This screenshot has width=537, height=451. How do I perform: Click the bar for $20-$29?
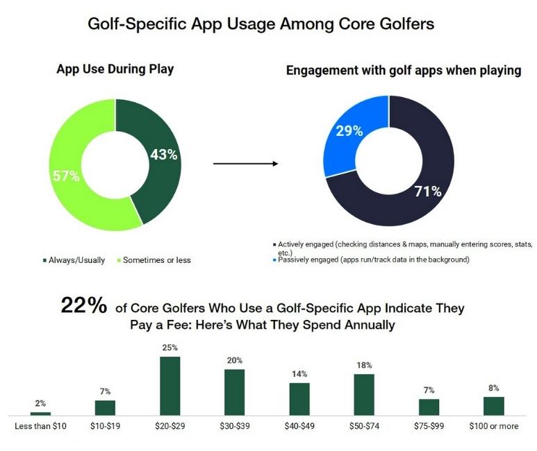click(x=170, y=385)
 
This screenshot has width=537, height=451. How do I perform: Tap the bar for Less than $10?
click(x=40, y=413)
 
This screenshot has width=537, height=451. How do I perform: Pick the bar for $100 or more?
click(x=493, y=405)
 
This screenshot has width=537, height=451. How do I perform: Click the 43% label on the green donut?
click(x=164, y=155)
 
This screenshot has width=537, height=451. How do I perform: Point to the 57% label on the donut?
click(x=67, y=176)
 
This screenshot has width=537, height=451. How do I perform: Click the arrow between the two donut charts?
click(x=245, y=164)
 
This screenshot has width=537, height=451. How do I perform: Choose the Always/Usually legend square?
click(x=44, y=260)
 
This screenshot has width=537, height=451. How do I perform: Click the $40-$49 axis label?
click(x=299, y=426)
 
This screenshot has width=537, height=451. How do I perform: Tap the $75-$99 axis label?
click(x=429, y=426)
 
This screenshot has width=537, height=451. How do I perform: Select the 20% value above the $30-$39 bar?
click(x=234, y=361)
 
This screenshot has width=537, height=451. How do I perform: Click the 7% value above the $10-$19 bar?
click(x=105, y=392)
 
